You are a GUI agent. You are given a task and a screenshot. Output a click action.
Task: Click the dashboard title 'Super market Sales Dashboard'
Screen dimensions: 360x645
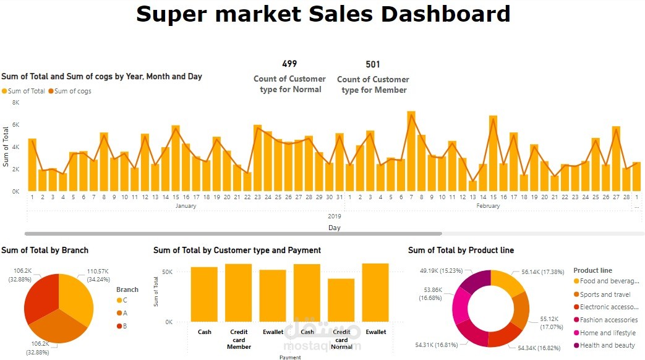pyautogui.click(x=323, y=14)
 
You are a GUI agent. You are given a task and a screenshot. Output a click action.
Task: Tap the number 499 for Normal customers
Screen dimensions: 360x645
pyautogui.click(x=289, y=64)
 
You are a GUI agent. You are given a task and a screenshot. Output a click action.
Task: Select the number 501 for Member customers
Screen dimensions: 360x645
pyautogui.click(x=373, y=64)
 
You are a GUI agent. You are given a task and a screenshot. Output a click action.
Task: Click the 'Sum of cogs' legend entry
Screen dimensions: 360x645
pyautogui.click(x=72, y=91)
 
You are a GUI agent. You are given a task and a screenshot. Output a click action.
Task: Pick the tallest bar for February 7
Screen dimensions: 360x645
pyautogui.click(x=411, y=151)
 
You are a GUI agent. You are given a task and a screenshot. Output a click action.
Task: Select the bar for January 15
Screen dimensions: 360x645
pyautogui.click(x=176, y=158)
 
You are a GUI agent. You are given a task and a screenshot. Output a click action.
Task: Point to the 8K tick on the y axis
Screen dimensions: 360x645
pyautogui.click(x=16, y=103)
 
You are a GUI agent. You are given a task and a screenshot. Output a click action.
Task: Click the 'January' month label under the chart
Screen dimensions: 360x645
pyautogui.click(x=186, y=206)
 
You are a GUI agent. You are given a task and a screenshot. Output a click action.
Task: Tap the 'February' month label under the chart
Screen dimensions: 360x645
pyautogui.click(x=488, y=206)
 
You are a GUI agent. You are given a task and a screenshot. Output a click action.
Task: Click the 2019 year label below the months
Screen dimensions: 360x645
pyautogui.click(x=335, y=216)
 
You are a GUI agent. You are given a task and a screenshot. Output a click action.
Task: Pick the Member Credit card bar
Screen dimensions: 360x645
pyautogui.click(x=239, y=293)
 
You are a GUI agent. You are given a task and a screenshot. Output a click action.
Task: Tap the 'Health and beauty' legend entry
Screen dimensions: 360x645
pyautogui.click(x=607, y=345)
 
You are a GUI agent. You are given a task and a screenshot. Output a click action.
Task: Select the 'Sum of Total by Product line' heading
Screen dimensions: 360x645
pyautogui.click(x=461, y=251)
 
